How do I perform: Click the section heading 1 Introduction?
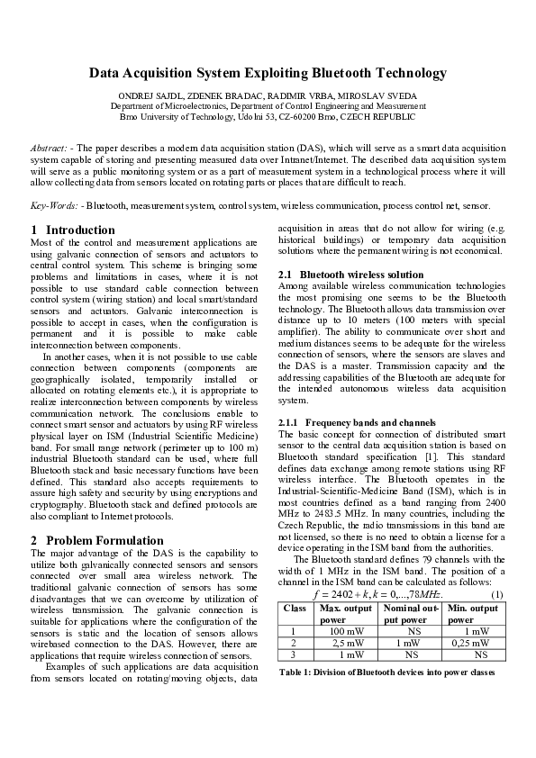pyautogui.click(x=73, y=230)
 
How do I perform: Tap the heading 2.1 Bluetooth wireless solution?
pyautogui.click(x=350, y=275)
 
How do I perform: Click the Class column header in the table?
pyautogui.click(x=295, y=609)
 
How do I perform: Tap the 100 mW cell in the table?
pyautogui.click(x=344, y=631)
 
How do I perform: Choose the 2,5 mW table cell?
pyautogui.click(x=344, y=644)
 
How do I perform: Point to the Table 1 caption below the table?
pyautogui.click(x=387, y=673)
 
